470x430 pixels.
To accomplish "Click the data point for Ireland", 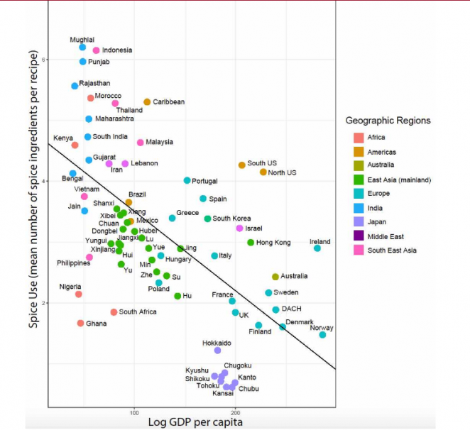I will pyautogui.click(x=317, y=248).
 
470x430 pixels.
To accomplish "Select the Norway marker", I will pyautogui.click(x=322, y=335).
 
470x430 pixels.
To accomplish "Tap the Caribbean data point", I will pyautogui.click(x=147, y=102).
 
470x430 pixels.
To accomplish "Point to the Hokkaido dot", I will pyautogui.click(x=217, y=351).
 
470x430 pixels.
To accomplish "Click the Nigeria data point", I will pyautogui.click(x=78, y=294).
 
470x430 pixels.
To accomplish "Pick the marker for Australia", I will pyautogui.click(x=275, y=277).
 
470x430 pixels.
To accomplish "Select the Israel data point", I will pyautogui.click(x=240, y=228).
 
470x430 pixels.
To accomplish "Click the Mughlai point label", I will pyautogui.click(x=82, y=40).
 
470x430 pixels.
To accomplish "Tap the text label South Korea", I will pyautogui.click(x=231, y=219).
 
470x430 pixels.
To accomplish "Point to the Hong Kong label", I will pyautogui.click(x=273, y=243).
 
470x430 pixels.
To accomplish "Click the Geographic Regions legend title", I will pyautogui.click(x=388, y=121).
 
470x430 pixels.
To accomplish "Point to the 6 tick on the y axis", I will pyautogui.click(x=43, y=60).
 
